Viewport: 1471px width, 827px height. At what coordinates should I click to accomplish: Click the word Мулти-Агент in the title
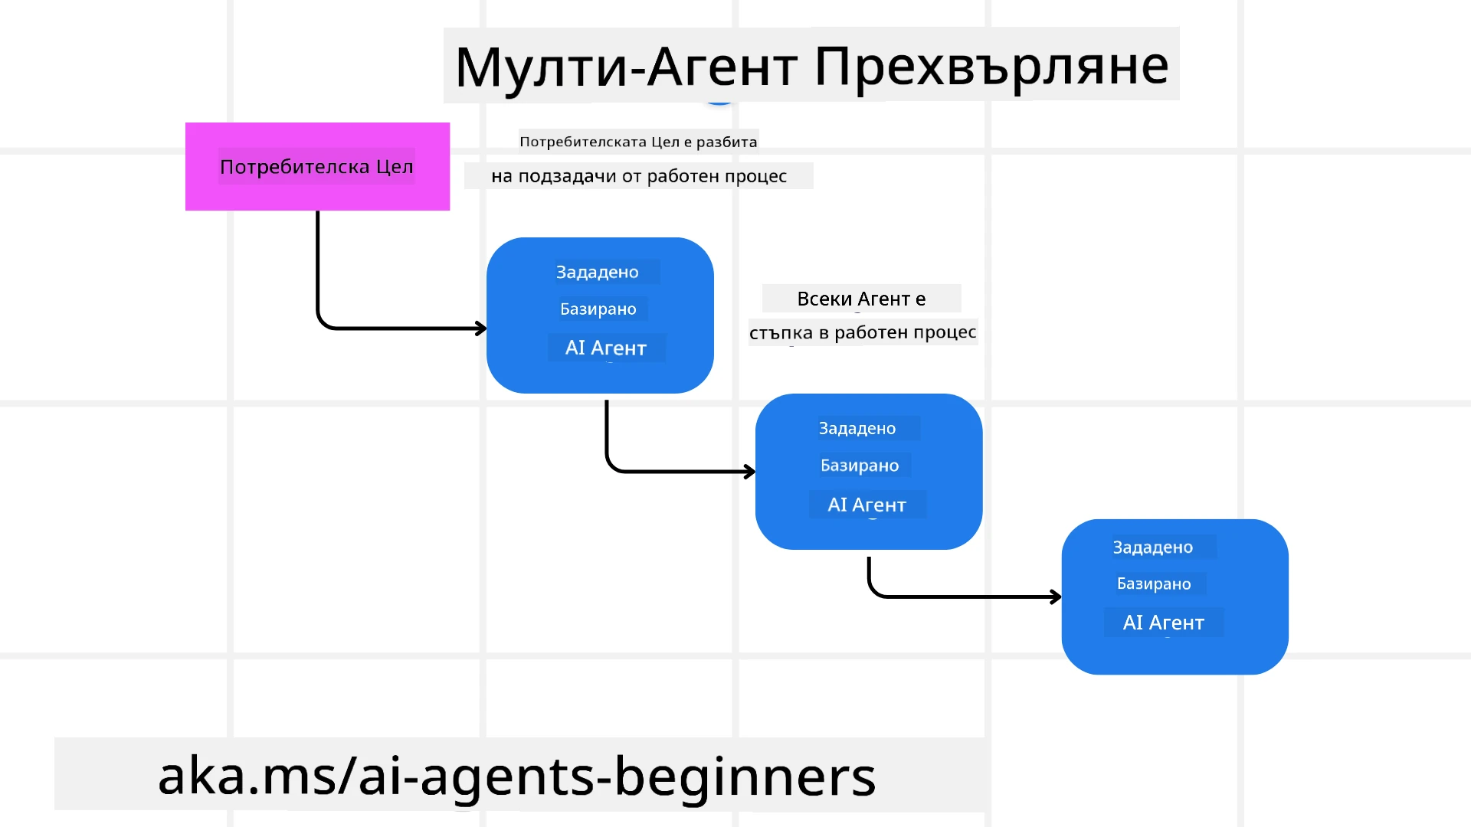point(626,67)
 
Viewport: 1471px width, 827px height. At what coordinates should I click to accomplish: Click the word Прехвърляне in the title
point(991,67)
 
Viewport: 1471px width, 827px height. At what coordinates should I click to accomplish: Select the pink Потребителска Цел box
point(317,167)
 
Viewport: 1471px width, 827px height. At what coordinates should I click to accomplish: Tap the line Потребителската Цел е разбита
point(638,142)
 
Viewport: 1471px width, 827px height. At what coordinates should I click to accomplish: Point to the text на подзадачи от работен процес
point(638,176)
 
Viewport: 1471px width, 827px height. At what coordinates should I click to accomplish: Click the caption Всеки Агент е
point(861,299)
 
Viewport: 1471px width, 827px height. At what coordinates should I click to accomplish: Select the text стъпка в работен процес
point(863,332)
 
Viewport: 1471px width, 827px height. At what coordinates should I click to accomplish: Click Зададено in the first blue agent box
point(598,272)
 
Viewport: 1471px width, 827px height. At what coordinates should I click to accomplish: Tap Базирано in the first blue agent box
point(598,309)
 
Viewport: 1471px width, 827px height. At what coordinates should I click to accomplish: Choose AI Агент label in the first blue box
point(606,348)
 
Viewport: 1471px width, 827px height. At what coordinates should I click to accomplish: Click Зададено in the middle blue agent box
point(857,428)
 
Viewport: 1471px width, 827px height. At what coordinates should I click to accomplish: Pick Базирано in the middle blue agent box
point(860,466)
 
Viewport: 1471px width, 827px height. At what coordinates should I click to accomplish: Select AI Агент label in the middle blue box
point(867,505)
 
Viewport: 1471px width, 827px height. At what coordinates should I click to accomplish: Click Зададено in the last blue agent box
point(1153,547)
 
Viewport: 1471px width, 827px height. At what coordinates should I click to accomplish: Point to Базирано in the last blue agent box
point(1154,583)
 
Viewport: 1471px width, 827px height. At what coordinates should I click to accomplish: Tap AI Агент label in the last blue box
point(1164,623)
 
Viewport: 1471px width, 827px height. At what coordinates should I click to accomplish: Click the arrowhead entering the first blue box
point(480,329)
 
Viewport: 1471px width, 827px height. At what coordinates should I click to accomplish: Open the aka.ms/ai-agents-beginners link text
point(516,776)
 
